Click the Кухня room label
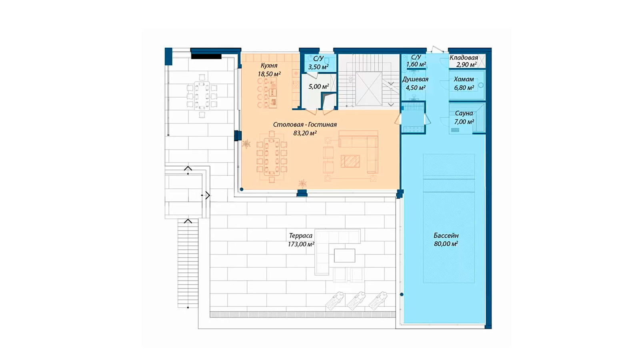(269, 66)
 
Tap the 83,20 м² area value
(305, 133)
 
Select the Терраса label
(300, 236)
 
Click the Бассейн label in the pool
(446, 236)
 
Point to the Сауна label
(464, 113)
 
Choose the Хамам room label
(464, 79)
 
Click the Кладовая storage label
(464, 58)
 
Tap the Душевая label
(415, 80)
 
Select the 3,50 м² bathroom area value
(318, 67)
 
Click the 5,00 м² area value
(318, 86)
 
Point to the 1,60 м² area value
(416, 64)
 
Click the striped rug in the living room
(350, 161)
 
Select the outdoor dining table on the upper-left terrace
(202, 96)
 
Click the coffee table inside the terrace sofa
(344, 256)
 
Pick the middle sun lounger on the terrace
(356, 301)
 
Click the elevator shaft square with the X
(368, 89)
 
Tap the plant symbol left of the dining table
(246, 144)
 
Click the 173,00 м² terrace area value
(301, 244)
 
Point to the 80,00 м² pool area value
(446, 244)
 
